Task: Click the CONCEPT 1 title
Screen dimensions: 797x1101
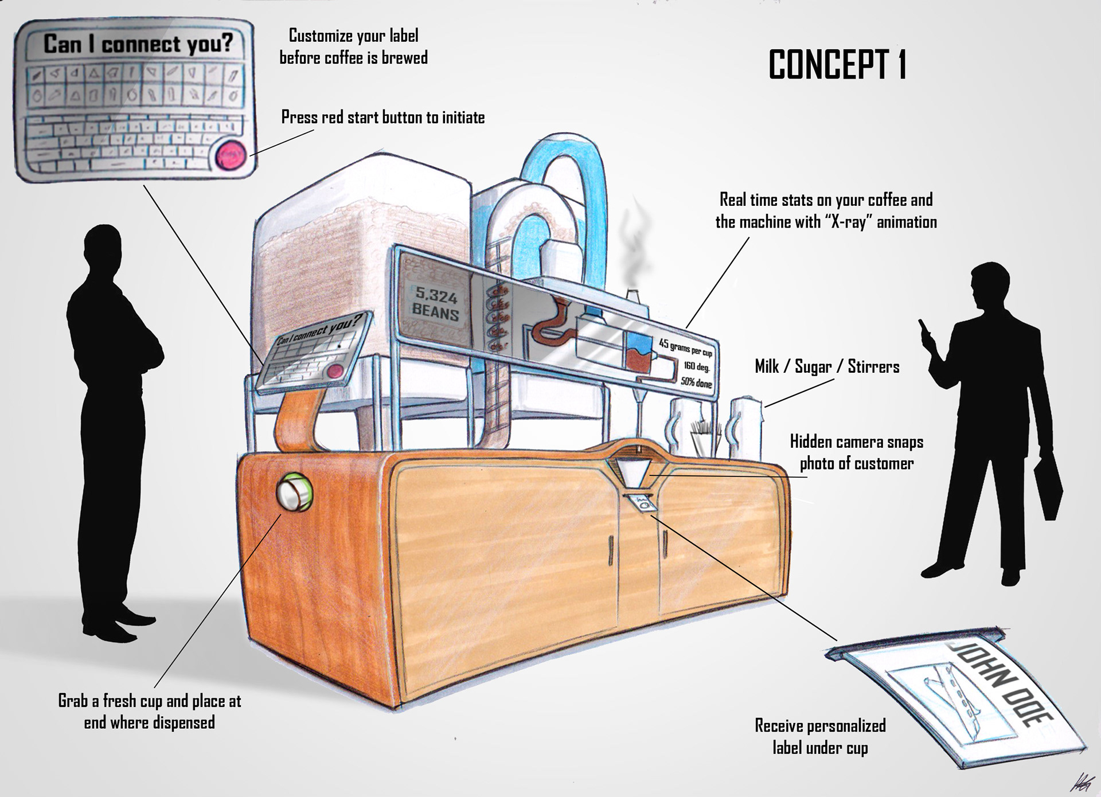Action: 837,65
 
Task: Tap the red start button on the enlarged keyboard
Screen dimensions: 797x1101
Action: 231,155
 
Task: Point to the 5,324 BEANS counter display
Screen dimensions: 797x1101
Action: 436,305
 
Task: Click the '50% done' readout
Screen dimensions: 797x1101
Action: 696,381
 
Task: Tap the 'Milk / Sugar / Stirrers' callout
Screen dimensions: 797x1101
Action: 827,367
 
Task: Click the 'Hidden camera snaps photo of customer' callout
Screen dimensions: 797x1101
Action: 856,452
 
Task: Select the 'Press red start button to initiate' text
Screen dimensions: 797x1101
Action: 383,118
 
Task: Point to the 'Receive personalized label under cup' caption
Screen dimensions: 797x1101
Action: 820,736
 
